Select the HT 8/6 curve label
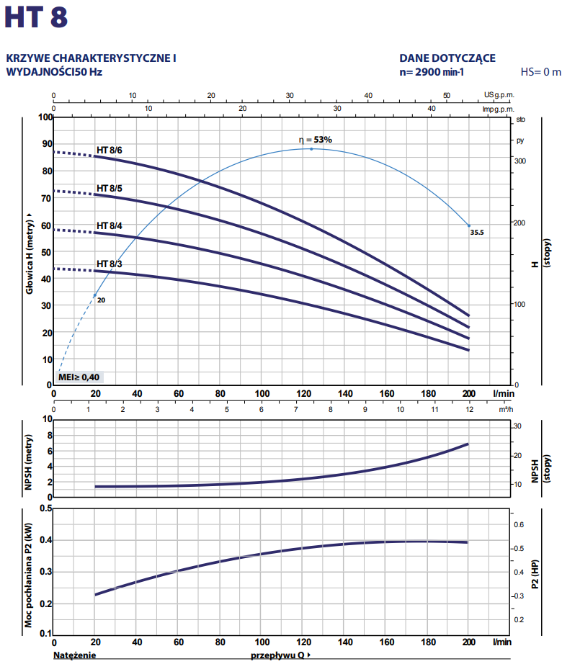point(110,150)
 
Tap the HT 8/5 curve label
point(110,188)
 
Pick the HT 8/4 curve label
point(110,225)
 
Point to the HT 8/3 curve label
point(110,264)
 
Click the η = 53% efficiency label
point(315,140)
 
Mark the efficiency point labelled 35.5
point(468,226)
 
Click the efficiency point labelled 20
point(94,295)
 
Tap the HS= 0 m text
point(540,72)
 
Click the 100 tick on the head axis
point(46,117)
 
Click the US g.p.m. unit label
point(499,95)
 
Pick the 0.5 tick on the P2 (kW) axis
point(46,508)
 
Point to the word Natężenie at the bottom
point(74,656)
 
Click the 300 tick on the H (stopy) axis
point(519,161)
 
